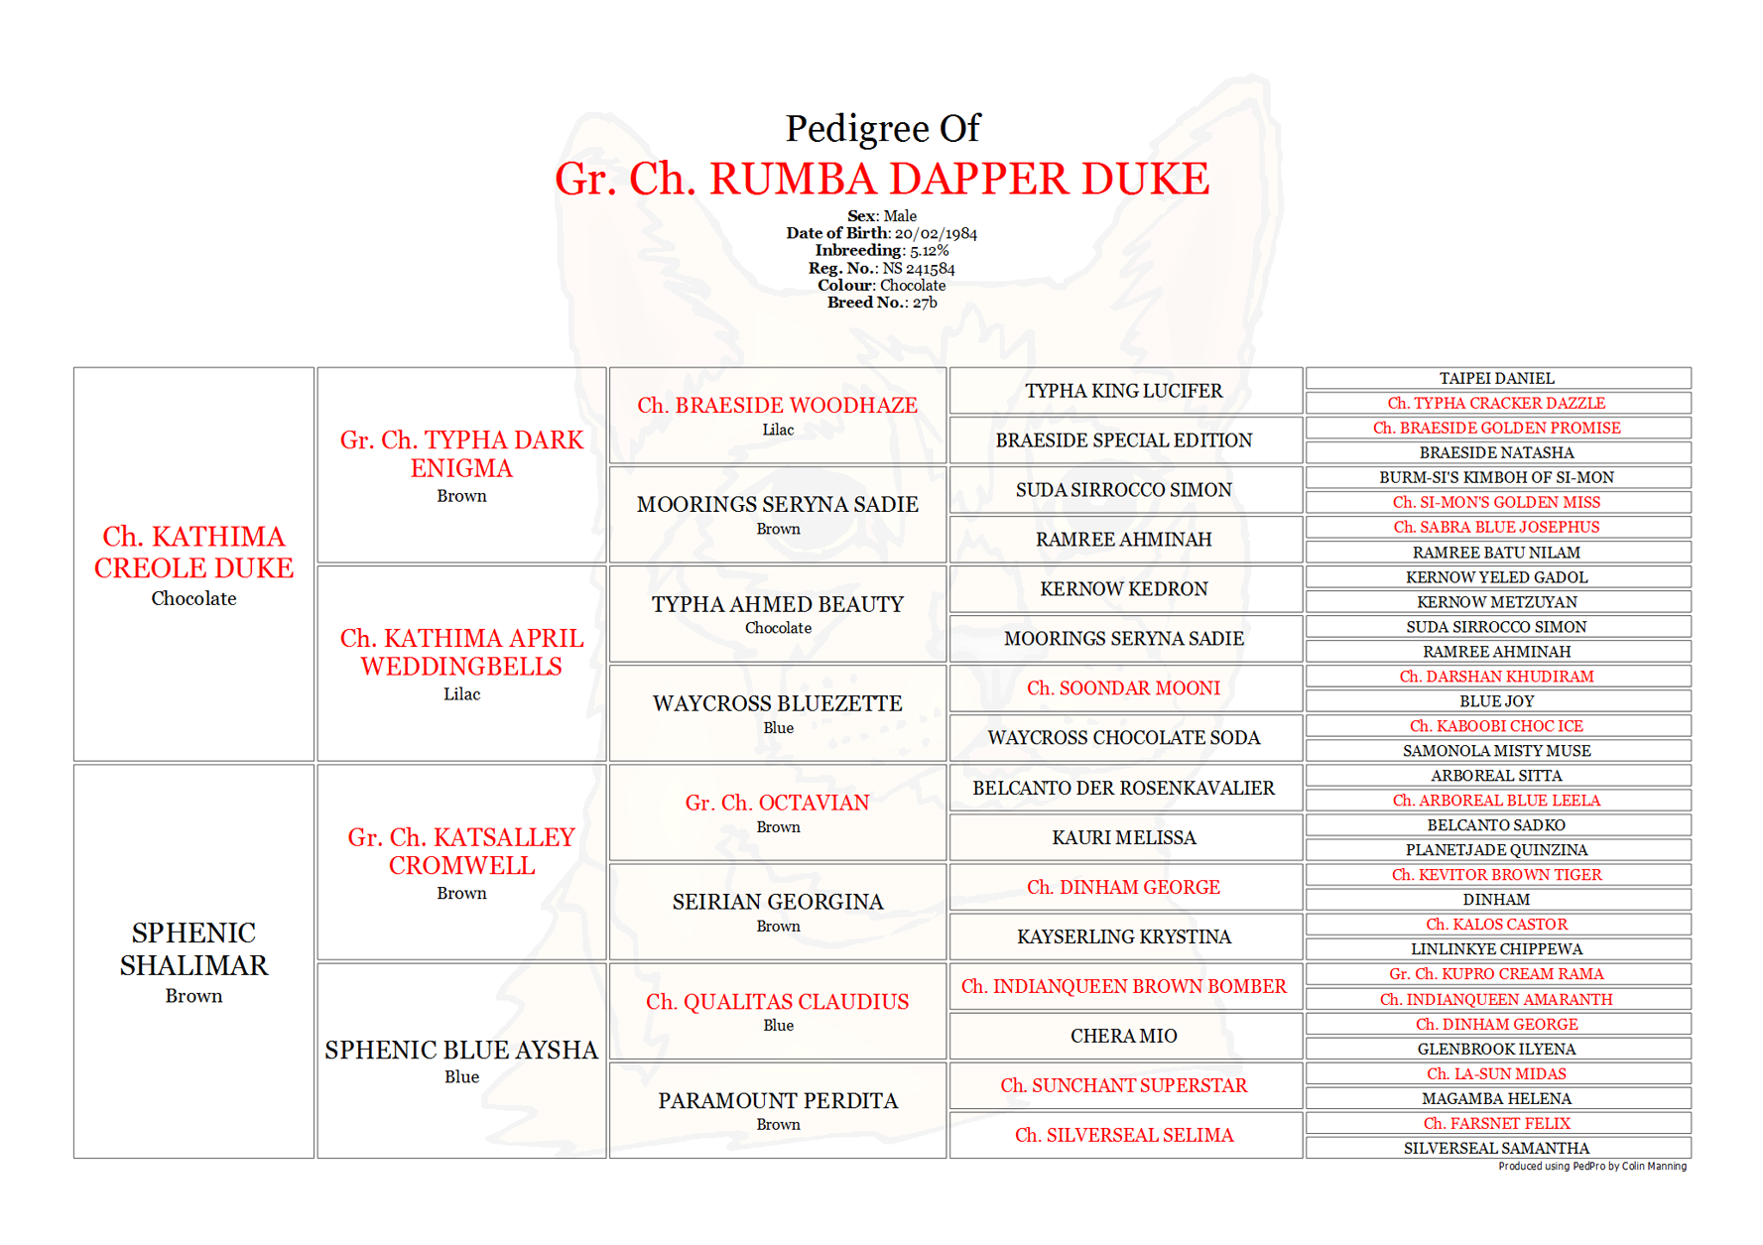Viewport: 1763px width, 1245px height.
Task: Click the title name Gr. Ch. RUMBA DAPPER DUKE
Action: pos(881,180)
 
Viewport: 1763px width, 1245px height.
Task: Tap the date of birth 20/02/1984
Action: pos(936,233)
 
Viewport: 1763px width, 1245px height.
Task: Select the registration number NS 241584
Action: pos(919,268)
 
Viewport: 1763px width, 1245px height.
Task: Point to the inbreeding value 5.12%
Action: pos(929,251)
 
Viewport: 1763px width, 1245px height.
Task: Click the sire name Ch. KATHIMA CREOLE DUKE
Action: pos(193,552)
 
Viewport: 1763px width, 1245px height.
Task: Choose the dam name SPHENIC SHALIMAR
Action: pos(193,948)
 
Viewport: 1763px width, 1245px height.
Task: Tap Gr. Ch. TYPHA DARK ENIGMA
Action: pos(461,453)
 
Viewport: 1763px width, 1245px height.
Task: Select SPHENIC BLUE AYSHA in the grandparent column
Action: pos(461,1050)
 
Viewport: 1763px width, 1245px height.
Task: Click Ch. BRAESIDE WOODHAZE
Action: pos(777,405)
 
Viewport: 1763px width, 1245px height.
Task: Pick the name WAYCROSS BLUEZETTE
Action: pos(777,703)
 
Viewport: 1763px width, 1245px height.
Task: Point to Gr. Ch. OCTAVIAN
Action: pos(777,803)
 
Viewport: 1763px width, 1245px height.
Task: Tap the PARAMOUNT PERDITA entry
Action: pos(777,1100)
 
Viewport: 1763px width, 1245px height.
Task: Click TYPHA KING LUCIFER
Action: pos(1124,391)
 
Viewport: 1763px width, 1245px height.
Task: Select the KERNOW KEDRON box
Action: pos(1124,589)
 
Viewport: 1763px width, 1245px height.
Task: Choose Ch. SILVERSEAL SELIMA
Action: pos(1124,1135)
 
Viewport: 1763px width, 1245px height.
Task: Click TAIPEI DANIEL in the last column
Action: pos(1497,378)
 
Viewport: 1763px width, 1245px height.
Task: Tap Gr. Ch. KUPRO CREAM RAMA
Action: pos(1497,974)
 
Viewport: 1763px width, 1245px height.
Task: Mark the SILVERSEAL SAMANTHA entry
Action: pos(1497,1148)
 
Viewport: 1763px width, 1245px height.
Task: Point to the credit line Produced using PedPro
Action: pos(1591,1167)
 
